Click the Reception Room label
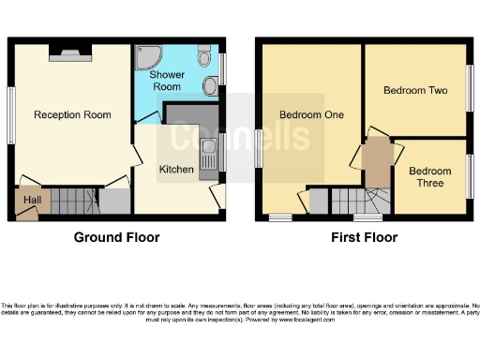tap(72, 115)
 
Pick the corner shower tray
tap(148, 58)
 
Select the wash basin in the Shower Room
tap(212, 87)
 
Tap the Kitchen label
tap(175, 170)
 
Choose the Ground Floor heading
tap(116, 237)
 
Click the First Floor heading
tap(364, 237)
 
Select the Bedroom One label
tap(311, 115)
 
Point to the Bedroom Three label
tap(429, 176)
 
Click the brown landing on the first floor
tap(377, 161)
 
